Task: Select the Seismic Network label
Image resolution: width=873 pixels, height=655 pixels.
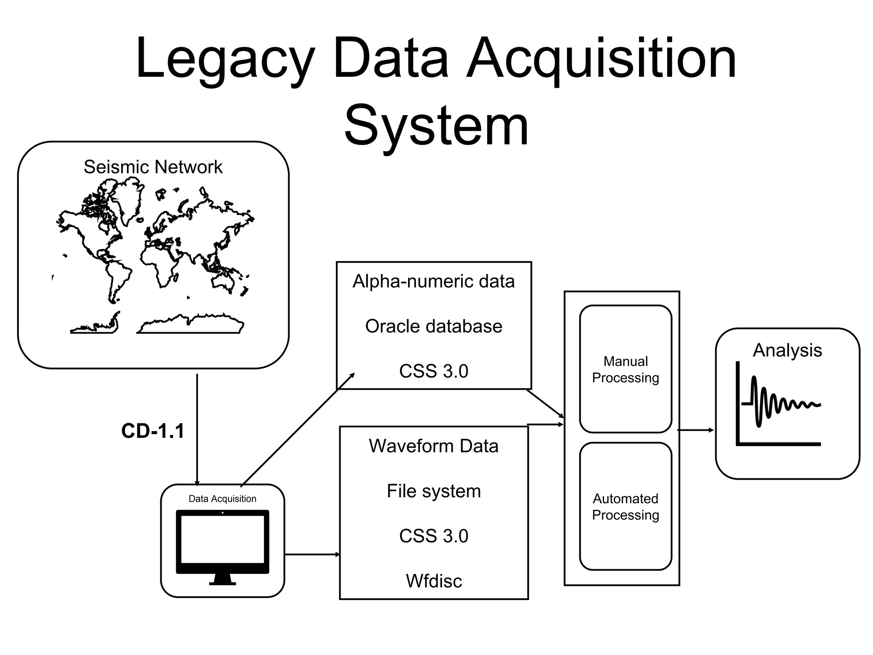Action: click(153, 167)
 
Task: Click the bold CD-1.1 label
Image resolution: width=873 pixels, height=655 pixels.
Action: click(153, 431)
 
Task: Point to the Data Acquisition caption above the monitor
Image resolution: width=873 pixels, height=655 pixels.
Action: click(222, 498)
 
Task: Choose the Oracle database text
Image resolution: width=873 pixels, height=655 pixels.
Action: click(434, 326)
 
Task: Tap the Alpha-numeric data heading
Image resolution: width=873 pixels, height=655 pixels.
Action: click(434, 281)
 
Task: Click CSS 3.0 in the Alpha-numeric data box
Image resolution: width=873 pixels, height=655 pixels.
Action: click(434, 371)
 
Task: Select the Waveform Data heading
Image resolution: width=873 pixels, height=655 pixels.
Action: click(434, 446)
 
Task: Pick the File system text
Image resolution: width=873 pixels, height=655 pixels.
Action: click(434, 491)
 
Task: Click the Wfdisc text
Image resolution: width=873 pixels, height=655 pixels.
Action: click(434, 581)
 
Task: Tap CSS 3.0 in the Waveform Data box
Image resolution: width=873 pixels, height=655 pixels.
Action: click(434, 536)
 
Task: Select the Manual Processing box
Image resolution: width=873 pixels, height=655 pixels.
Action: click(625, 369)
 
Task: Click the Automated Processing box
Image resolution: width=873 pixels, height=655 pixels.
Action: click(625, 507)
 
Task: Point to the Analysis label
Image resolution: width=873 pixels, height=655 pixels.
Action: click(787, 350)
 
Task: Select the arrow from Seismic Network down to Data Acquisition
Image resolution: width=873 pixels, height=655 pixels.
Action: click(197, 426)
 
